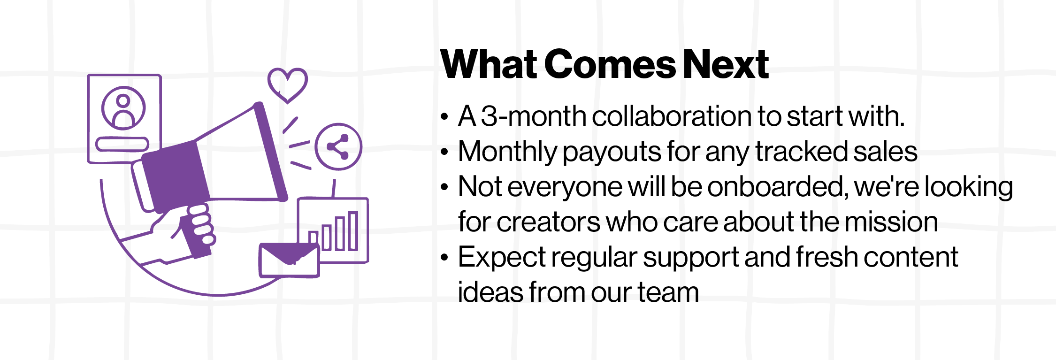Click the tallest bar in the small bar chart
[x=353, y=230]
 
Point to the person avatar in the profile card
[x=123, y=109]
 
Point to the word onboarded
[x=777, y=187]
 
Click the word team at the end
[x=668, y=292]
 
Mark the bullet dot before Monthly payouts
[x=444, y=152]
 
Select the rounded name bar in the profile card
[x=122, y=144]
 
